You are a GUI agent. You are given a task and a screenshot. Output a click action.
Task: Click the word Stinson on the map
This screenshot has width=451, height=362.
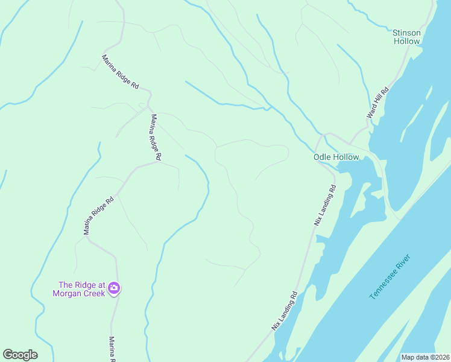(x=406, y=33)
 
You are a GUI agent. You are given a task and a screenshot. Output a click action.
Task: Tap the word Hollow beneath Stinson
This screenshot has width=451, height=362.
(x=407, y=42)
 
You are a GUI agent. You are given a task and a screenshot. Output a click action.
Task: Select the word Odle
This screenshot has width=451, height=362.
(x=324, y=157)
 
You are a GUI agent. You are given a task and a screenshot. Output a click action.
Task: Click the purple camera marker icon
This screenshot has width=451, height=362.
(x=114, y=289)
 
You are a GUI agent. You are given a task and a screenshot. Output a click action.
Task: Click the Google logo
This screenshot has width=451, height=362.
(x=20, y=355)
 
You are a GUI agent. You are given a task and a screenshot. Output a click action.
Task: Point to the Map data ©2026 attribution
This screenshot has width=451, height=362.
(x=424, y=357)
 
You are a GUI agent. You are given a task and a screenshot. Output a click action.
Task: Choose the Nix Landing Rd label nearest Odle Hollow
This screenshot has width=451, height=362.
(x=324, y=205)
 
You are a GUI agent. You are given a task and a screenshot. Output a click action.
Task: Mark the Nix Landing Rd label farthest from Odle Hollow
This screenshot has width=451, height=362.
(x=285, y=311)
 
